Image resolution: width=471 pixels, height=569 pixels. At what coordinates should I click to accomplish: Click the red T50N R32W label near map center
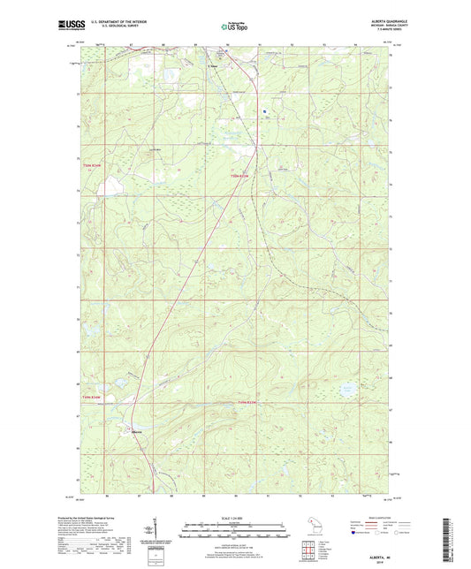pos(241,177)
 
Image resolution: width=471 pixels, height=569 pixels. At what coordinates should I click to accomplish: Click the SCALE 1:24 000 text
pos(235,518)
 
